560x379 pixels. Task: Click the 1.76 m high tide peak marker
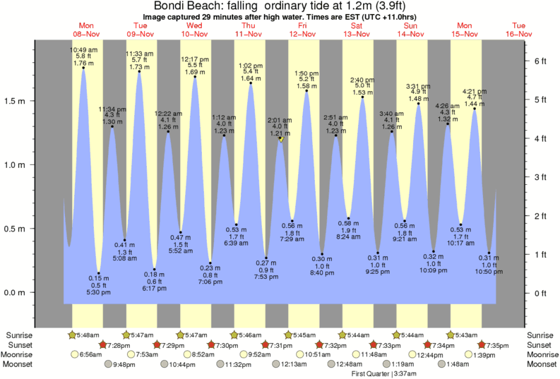tap(83, 68)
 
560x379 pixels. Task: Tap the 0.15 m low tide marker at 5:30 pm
tap(99, 273)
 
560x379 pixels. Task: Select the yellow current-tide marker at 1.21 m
tap(281, 140)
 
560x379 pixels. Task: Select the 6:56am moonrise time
tap(90, 354)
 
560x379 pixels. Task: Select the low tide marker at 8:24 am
tap(348, 219)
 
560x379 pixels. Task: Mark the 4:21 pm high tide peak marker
tap(474, 109)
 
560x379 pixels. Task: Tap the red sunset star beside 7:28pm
tap(104, 344)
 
